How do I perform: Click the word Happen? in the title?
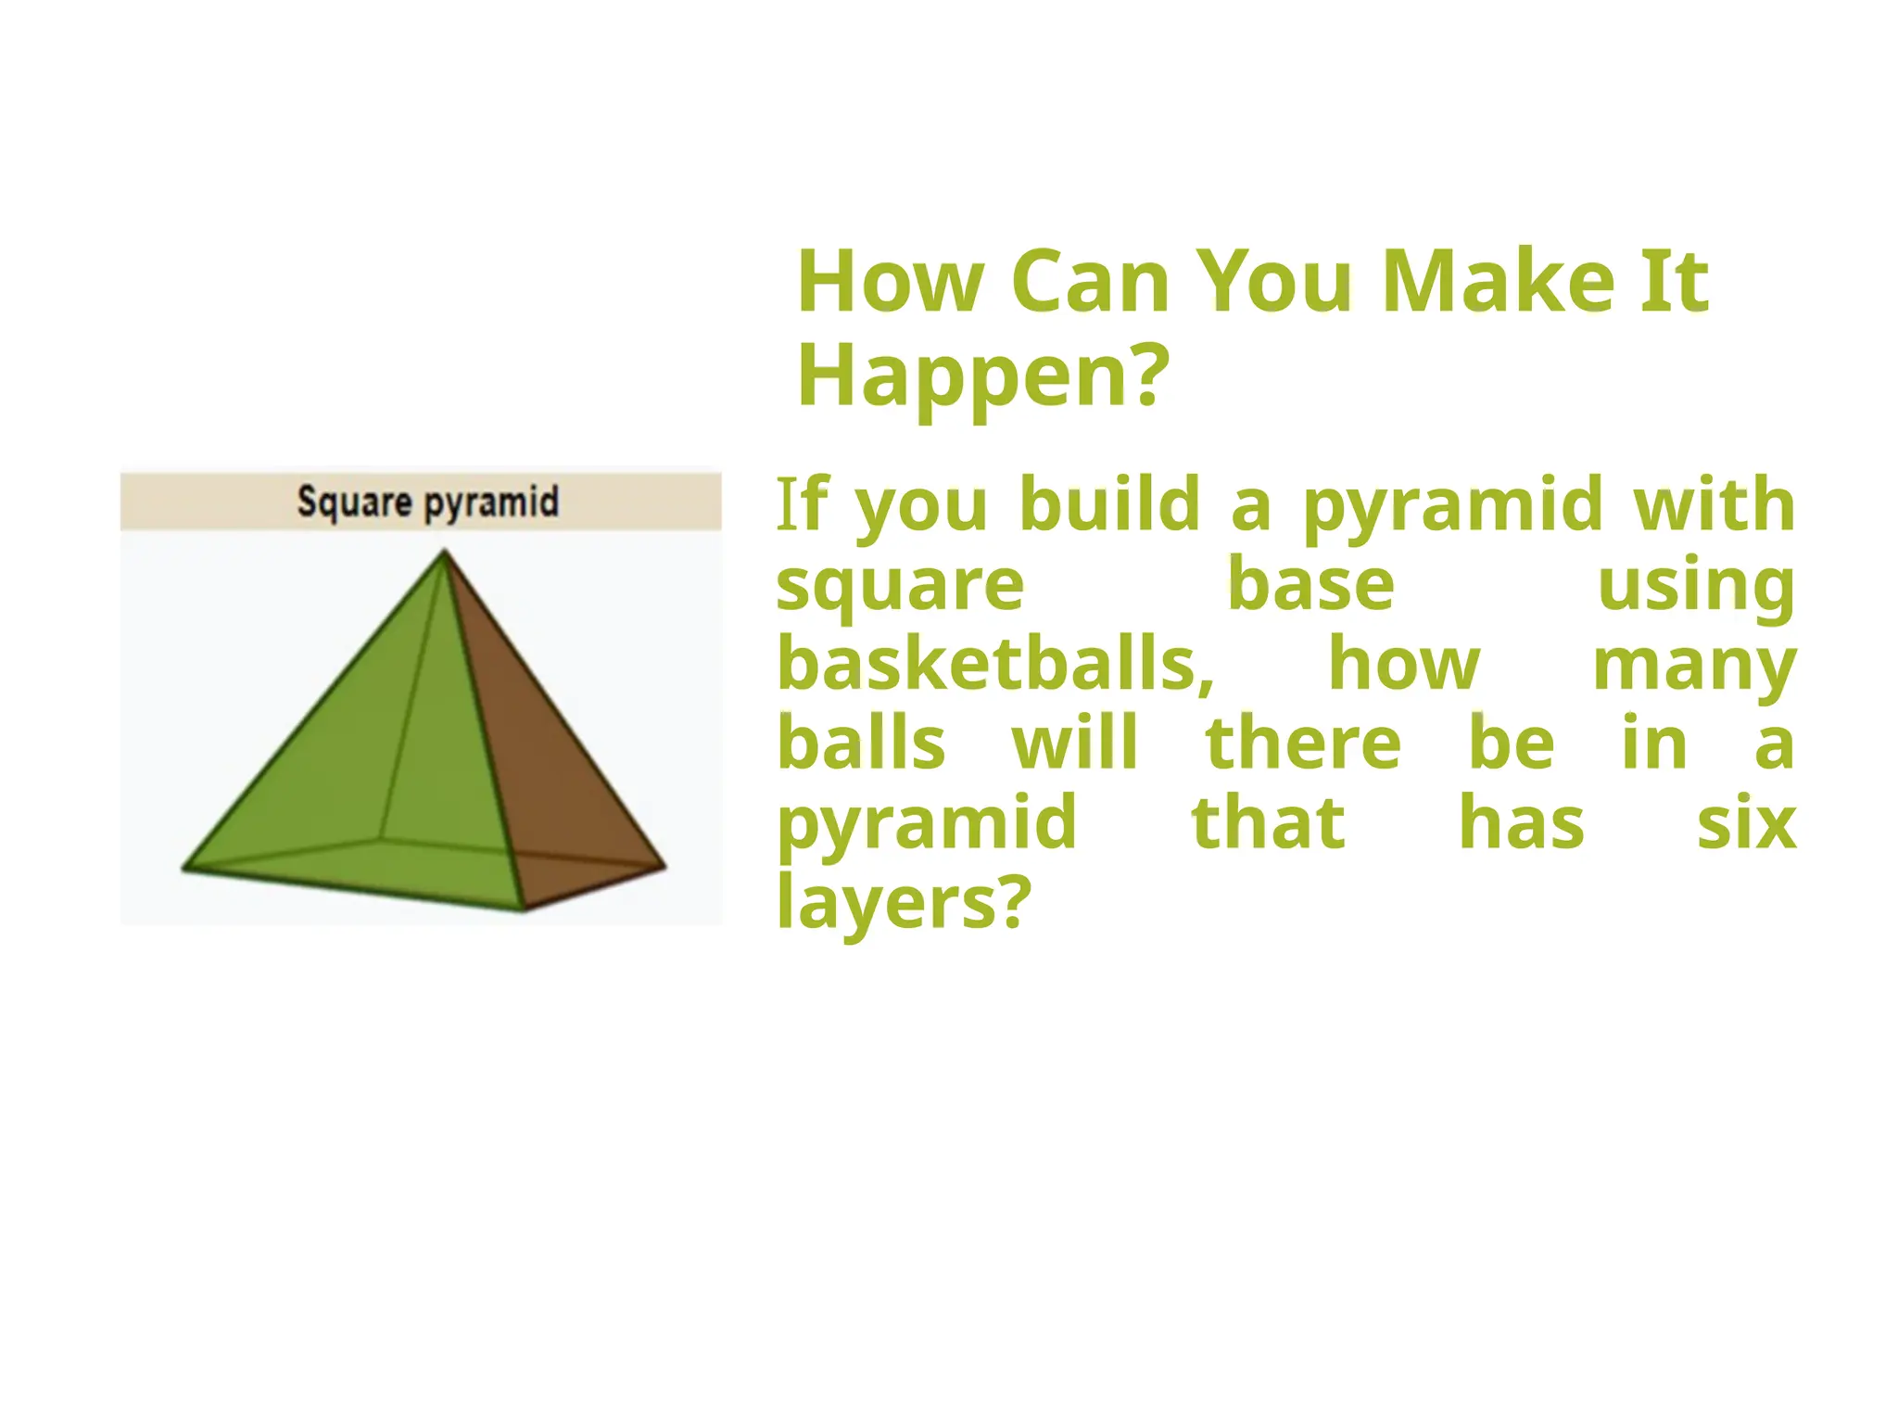(983, 375)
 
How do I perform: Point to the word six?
(1746, 823)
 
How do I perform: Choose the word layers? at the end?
(904, 902)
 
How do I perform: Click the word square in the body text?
(900, 587)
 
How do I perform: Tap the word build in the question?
(1109, 504)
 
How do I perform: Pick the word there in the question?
(1303, 744)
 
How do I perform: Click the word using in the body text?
(1696, 587)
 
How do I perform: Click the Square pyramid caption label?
(427, 502)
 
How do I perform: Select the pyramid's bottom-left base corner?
(184, 869)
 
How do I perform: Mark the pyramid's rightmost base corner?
(664, 867)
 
